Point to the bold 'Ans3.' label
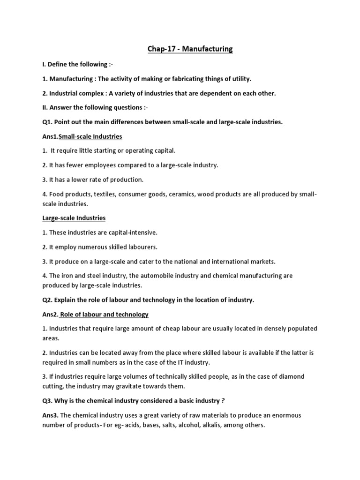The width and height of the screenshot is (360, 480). click(x=50, y=415)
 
